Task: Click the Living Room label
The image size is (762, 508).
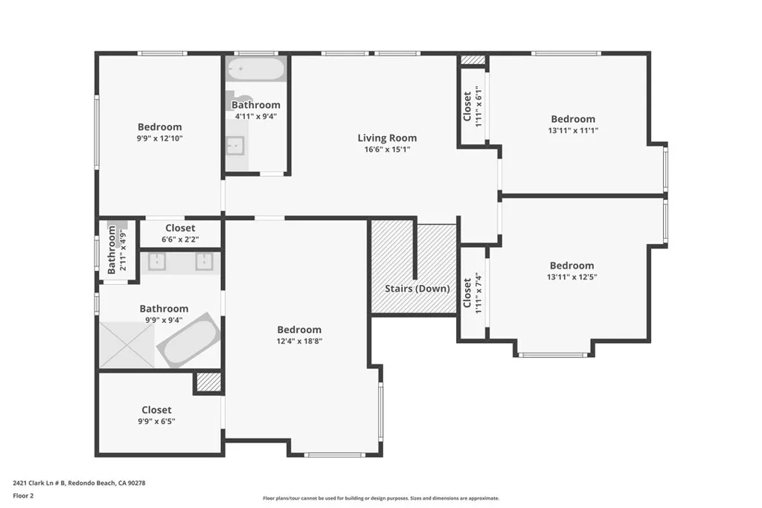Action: [387, 138]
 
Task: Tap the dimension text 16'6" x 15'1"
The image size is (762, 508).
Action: [387, 149]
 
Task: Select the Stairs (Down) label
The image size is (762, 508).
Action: [417, 289]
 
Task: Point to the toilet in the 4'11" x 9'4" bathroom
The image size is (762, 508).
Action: [240, 100]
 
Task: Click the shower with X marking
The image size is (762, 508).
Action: [127, 344]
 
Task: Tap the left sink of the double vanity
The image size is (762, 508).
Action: [158, 261]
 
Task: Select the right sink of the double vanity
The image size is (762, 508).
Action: [204, 261]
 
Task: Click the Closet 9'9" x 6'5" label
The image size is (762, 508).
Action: [156, 410]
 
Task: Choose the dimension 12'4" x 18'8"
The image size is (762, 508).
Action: [299, 341]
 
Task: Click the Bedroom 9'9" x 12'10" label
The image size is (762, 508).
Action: [159, 127]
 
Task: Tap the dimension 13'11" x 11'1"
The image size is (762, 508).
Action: [573, 130]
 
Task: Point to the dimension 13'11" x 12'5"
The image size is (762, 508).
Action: [571, 277]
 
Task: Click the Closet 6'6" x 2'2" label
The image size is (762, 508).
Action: [180, 228]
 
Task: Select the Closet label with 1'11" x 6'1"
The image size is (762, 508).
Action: [467, 106]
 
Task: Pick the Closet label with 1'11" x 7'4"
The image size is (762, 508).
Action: [467, 294]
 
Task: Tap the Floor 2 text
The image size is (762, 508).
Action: [24, 495]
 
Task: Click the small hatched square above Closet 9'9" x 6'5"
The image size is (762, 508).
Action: [209, 382]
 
